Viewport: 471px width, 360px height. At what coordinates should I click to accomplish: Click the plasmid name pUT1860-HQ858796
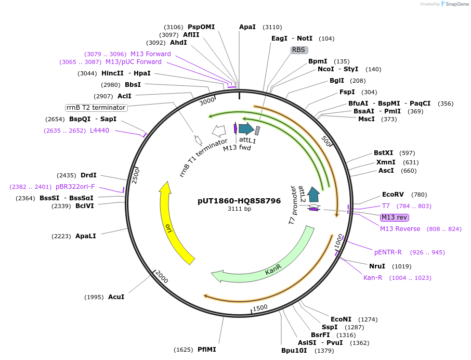(239, 200)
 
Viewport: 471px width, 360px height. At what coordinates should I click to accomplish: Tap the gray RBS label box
(299, 50)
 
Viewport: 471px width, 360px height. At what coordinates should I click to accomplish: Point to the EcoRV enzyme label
(393, 195)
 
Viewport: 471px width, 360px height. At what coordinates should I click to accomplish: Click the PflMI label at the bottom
(206, 350)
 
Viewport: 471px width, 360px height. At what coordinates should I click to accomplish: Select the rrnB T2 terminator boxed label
(96, 108)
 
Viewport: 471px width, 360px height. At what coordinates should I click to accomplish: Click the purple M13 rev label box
(394, 217)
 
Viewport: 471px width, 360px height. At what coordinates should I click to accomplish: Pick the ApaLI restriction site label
(86, 236)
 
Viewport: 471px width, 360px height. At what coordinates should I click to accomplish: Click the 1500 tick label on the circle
(260, 307)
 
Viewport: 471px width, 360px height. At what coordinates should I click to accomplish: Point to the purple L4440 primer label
(100, 131)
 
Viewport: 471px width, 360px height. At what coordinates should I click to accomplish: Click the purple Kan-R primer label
(373, 277)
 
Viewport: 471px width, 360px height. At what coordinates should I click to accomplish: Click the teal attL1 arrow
(246, 128)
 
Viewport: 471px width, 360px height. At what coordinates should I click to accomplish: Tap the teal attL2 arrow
(313, 195)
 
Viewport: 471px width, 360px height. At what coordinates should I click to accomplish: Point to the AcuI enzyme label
(116, 297)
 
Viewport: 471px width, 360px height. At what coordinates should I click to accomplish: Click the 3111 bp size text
(239, 209)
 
